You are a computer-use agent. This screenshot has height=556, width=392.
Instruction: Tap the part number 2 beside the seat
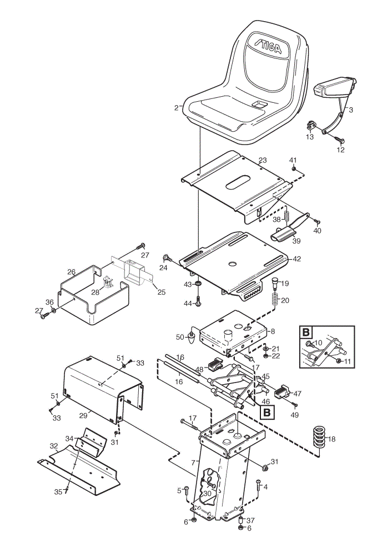coord(177,108)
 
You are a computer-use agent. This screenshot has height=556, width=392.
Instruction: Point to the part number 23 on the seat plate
coord(263,160)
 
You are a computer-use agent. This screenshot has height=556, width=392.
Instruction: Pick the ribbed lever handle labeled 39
coord(283,235)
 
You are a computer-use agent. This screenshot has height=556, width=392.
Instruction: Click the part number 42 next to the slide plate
coord(296,259)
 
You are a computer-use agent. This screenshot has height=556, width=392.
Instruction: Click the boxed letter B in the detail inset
coord(306,332)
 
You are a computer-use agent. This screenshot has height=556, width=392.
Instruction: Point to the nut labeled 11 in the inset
coord(339,361)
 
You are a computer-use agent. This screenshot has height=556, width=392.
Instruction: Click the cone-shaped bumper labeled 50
coord(192,338)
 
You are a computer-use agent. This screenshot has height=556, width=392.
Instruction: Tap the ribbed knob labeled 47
coord(285,391)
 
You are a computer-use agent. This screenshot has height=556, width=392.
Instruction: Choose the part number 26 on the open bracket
coord(72,272)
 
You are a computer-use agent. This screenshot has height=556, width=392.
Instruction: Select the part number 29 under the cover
coord(83,415)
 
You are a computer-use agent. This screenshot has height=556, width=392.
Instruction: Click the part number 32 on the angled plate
coord(54,446)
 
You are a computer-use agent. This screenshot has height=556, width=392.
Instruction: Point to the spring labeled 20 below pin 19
coord(274,300)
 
